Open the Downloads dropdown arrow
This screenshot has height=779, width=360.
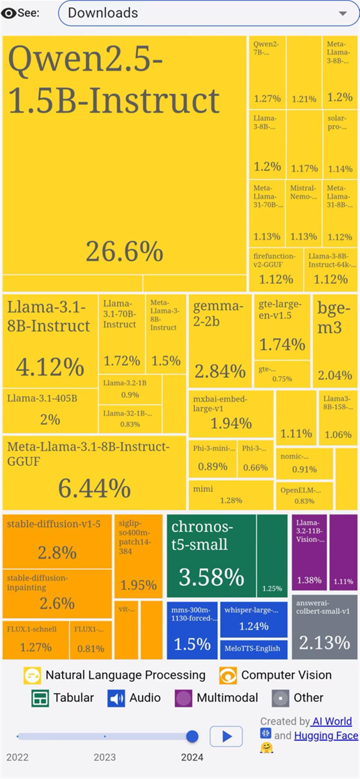343,13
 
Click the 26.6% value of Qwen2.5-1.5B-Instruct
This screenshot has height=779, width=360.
124,251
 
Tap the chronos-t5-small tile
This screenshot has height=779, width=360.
211,556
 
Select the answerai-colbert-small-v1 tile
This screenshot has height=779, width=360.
324,627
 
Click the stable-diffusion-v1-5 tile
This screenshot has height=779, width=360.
57,541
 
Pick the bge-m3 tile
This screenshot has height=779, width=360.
334,341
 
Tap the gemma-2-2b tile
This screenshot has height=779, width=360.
220,341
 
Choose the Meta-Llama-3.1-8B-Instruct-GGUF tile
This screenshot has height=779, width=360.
94,472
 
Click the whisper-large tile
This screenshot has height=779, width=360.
253,619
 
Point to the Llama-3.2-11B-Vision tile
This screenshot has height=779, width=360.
309,552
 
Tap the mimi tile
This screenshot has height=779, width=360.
231,495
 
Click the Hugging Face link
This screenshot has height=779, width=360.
326,736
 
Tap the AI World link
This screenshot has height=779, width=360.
332,721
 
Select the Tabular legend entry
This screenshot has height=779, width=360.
63,698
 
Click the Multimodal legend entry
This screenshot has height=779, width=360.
216,698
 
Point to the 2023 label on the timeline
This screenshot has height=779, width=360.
105,757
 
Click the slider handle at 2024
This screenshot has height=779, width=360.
192,736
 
